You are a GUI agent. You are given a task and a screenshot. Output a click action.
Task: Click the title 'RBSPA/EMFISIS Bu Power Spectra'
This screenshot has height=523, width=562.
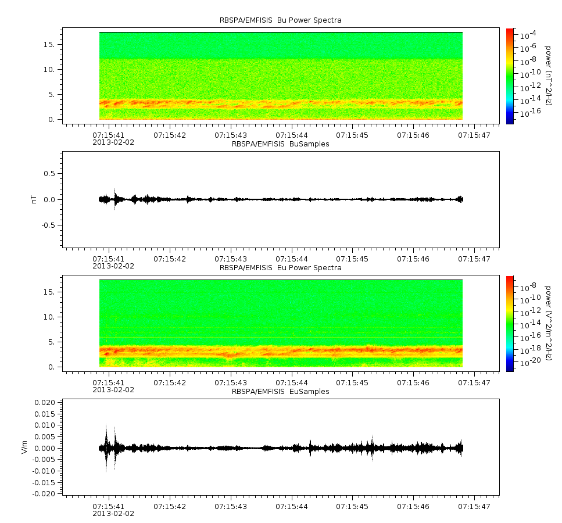click(280, 20)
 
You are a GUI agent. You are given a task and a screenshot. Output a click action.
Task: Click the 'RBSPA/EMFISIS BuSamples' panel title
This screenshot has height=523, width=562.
click(280, 144)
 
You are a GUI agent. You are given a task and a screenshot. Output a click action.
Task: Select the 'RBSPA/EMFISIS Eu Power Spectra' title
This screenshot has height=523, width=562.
click(280, 268)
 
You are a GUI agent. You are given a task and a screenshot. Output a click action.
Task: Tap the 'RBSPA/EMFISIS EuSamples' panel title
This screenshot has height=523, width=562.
click(280, 391)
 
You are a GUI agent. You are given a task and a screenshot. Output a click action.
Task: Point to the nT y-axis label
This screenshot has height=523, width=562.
click(34, 199)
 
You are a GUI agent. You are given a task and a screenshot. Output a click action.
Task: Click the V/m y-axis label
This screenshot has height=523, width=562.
click(24, 447)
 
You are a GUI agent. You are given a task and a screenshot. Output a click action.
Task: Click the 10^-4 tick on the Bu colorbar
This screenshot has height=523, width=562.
click(528, 35)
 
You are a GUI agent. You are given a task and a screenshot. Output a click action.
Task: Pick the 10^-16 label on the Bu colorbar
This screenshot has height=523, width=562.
click(530, 113)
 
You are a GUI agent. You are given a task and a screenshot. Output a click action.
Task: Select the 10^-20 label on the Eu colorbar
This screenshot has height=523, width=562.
click(530, 361)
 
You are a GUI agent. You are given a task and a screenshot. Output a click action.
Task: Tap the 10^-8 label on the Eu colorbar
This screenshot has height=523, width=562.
click(528, 286)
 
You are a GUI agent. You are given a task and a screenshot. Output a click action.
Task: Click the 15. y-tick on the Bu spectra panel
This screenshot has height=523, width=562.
click(49, 44)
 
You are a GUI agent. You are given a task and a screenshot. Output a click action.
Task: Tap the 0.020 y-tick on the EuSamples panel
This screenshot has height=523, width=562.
click(45, 402)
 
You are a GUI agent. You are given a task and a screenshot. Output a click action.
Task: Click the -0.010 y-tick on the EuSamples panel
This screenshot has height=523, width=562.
click(44, 471)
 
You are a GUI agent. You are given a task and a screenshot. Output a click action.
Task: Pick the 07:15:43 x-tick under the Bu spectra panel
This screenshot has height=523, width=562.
click(231, 135)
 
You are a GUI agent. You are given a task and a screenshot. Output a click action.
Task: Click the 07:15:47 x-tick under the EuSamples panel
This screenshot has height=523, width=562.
click(474, 506)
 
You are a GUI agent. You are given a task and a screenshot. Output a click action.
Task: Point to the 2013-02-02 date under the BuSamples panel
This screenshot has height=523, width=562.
click(113, 266)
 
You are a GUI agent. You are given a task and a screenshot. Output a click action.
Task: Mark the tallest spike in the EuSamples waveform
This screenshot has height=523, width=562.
click(106, 448)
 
